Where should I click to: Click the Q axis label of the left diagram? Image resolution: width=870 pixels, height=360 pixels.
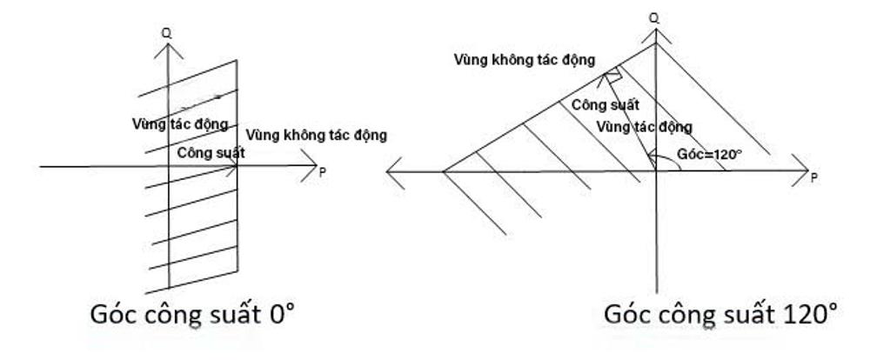click(x=166, y=33)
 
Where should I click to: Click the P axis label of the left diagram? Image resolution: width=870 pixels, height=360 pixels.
click(x=323, y=172)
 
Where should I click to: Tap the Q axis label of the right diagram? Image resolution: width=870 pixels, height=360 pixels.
click(x=654, y=15)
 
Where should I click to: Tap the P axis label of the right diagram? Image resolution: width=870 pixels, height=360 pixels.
click(x=813, y=177)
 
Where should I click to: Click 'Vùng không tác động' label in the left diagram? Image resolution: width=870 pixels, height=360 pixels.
click(x=316, y=136)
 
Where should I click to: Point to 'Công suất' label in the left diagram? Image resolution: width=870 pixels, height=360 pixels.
click(x=211, y=152)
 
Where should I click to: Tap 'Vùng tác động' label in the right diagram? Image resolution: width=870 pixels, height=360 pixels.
click(x=645, y=127)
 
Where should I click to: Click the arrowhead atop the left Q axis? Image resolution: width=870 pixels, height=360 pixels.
click(x=166, y=50)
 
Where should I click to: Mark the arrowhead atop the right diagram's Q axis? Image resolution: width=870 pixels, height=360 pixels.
click(x=654, y=33)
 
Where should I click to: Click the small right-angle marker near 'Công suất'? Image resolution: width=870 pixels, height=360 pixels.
click(x=614, y=77)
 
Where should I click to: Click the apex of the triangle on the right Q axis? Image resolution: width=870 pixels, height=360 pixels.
click(x=654, y=45)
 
